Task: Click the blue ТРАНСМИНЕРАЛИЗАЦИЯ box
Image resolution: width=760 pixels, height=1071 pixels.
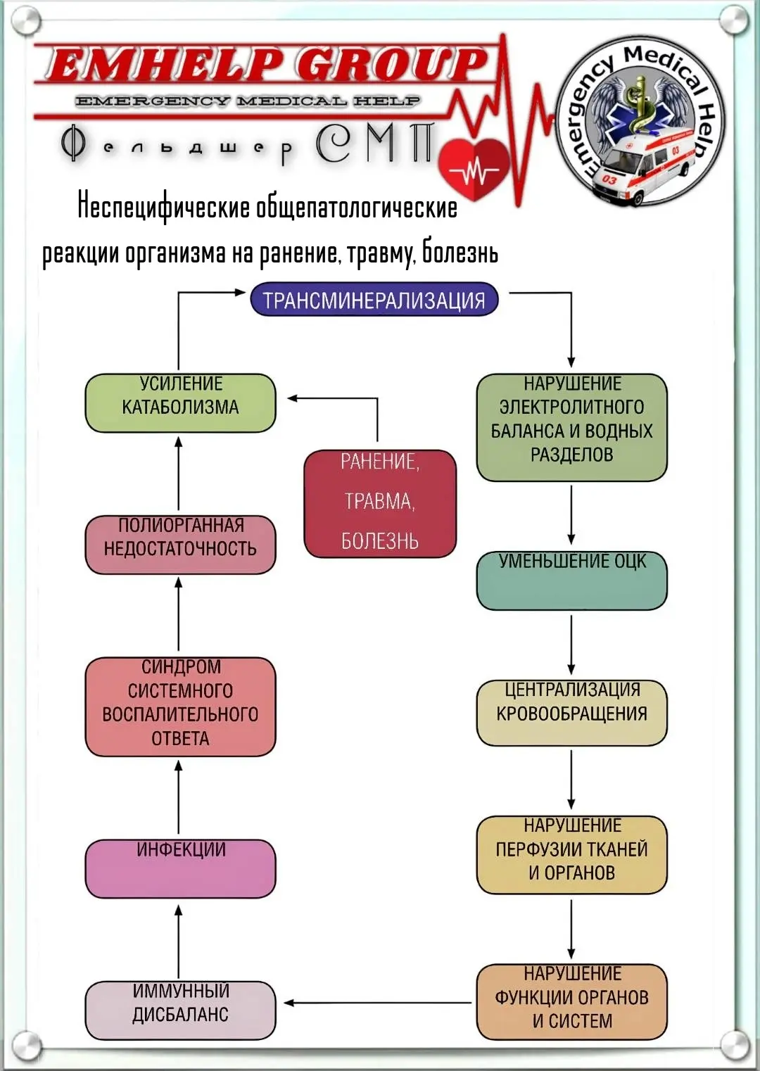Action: pos(374,299)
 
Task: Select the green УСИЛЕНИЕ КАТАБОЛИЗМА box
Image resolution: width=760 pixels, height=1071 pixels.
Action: pos(180,403)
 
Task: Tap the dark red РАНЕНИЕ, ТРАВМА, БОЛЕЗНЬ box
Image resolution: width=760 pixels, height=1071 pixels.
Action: pos(380,503)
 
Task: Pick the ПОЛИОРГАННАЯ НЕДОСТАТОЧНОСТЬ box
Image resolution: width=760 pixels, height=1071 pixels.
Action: pos(180,544)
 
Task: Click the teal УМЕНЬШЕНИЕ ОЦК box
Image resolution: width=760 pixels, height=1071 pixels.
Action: pos(571,581)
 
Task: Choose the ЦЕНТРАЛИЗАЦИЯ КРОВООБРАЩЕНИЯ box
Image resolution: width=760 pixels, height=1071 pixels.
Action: pos(571,713)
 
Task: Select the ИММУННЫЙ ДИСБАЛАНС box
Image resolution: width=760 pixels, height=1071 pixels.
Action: pos(180,1010)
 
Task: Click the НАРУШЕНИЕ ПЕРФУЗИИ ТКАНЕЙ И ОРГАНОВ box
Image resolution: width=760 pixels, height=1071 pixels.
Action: pos(571,855)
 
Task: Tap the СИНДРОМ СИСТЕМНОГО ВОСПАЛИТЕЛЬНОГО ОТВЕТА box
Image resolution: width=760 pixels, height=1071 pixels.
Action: pos(180,706)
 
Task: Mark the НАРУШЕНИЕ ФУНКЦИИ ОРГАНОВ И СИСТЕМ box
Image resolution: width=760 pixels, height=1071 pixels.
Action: pos(571,1001)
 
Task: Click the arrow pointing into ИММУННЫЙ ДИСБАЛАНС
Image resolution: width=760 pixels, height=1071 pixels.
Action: pos(377,1003)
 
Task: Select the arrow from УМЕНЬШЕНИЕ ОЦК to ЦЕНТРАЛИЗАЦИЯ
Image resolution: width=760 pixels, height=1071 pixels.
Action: pos(571,645)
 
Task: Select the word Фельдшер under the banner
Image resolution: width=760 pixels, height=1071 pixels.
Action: pos(177,146)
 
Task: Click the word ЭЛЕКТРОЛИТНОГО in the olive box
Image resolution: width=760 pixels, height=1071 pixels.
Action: pos(571,407)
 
